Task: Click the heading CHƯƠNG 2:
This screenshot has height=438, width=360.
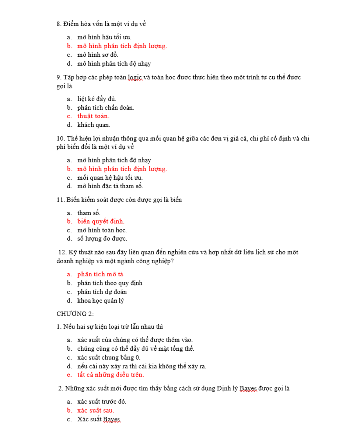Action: (x=75, y=314)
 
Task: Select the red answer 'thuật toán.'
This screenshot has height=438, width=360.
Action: (x=93, y=116)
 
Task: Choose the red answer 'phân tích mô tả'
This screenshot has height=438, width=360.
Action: (x=100, y=274)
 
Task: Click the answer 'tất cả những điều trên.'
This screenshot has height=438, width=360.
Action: (x=110, y=375)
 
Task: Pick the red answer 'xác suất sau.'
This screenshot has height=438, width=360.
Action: (x=95, y=411)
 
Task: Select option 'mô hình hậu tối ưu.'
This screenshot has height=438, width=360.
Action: (x=104, y=37)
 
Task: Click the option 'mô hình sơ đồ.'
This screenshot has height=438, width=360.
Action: (x=98, y=55)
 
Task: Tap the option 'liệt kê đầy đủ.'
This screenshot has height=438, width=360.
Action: (x=97, y=99)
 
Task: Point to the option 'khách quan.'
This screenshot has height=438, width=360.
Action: (x=94, y=125)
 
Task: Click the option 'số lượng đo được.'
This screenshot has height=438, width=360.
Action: (x=102, y=238)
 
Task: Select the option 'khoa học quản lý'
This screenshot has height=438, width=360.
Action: (x=101, y=301)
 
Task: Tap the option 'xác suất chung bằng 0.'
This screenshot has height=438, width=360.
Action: (x=109, y=357)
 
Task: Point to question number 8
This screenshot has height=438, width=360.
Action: (x=59, y=24)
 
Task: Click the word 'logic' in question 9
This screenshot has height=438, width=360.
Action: (x=135, y=78)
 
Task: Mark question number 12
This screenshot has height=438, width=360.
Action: (x=62, y=252)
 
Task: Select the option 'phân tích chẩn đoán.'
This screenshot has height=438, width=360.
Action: (x=105, y=107)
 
